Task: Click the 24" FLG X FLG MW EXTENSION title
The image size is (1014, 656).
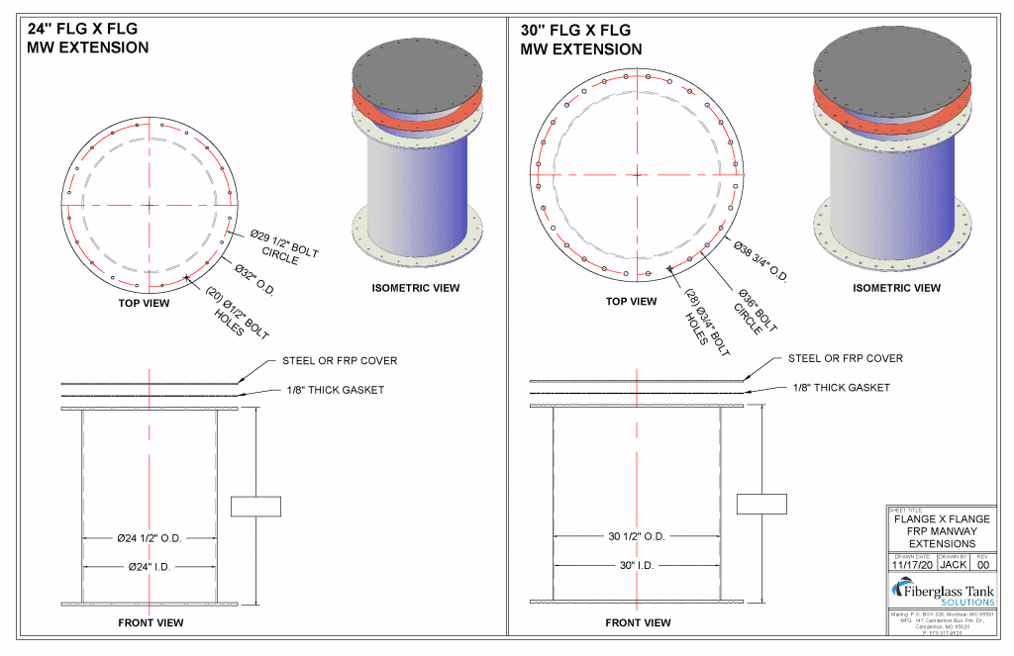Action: point(88,39)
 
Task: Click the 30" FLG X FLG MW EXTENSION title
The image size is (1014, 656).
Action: point(581,39)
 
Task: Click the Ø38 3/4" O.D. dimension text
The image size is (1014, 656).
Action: point(760,260)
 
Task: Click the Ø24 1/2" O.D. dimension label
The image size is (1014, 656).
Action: point(150,539)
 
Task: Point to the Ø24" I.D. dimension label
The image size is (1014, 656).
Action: point(150,567)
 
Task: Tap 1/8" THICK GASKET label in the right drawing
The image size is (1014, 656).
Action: point(842,388)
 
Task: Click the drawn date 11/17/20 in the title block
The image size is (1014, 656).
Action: point(911,565)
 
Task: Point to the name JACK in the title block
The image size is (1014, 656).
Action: point(953,565)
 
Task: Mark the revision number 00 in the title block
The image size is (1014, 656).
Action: point(983,565)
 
